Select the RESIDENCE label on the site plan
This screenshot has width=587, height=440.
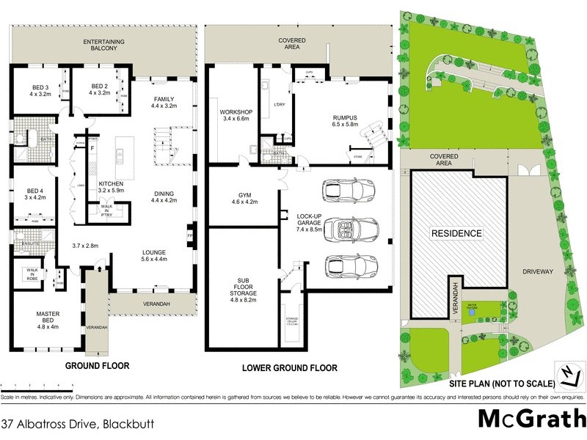click(x=456, y=234)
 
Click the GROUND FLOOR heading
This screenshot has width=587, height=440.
click(x=98, y=364)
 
